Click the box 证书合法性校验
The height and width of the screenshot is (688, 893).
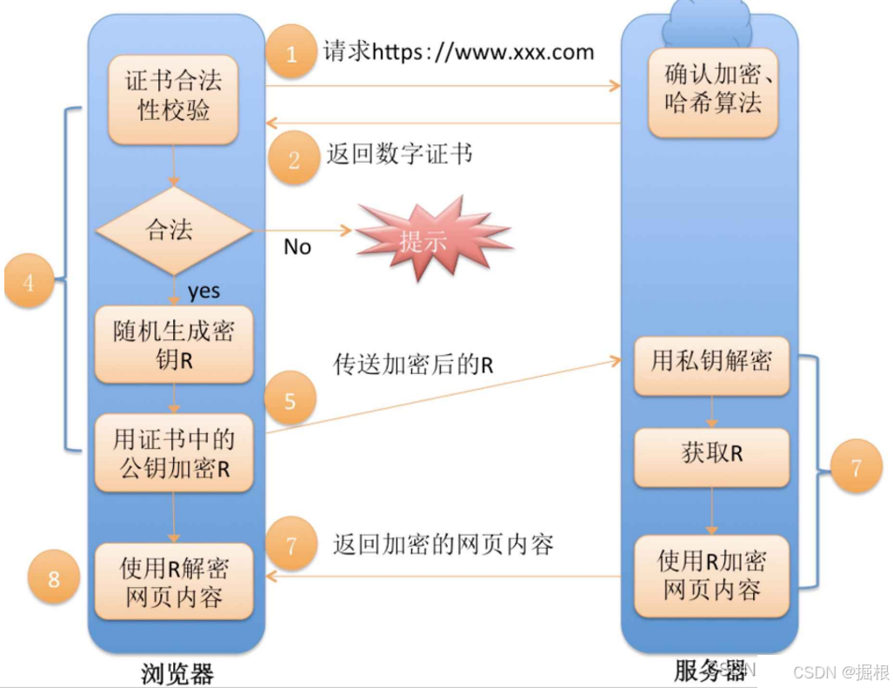pos(174,96)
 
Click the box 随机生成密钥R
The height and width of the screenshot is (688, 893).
pos(174,344)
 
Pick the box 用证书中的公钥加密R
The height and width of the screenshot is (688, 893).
pos(174,453)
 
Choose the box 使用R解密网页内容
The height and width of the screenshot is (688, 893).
pos(174,582)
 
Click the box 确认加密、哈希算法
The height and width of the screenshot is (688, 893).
pos(713,90)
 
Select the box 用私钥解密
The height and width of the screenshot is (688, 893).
pos(712,361)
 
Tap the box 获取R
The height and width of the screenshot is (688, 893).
pos(712,454)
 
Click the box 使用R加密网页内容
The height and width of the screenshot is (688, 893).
pos(712,575)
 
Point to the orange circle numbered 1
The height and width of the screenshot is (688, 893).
pos(291,54)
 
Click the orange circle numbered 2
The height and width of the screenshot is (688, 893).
pos(293,159)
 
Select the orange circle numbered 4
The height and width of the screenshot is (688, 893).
pos(29,282)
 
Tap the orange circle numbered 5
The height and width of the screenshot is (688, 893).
pos(290,400)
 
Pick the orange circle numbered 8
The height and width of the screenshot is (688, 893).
pos(54,578)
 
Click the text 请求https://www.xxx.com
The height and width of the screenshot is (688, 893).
pos(458,52)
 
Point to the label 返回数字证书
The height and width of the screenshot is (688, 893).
pos(399,155)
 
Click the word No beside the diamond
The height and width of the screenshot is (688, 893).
pos(297,247)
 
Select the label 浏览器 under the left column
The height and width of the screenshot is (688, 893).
pos(177,673)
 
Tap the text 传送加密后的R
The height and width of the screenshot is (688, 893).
pos(413,364)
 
